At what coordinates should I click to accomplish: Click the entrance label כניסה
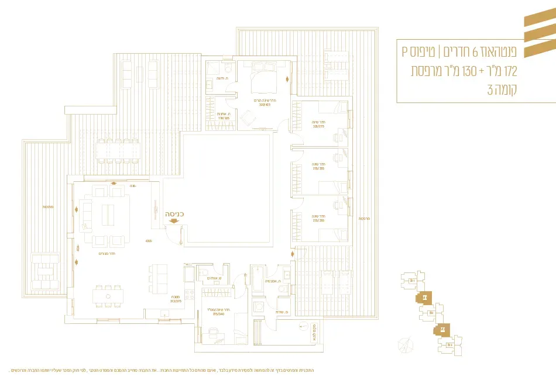(x=175, y=214)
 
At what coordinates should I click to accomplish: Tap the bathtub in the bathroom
(x=259, y=278)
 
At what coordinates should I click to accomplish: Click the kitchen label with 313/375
(x=175, y=299)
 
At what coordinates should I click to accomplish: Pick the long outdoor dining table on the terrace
(x=119, y=151)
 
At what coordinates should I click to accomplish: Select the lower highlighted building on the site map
(x=442, y=330)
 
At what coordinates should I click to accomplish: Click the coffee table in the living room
(x=109, y=215)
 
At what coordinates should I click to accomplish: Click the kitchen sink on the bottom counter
(x=165, y=315)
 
